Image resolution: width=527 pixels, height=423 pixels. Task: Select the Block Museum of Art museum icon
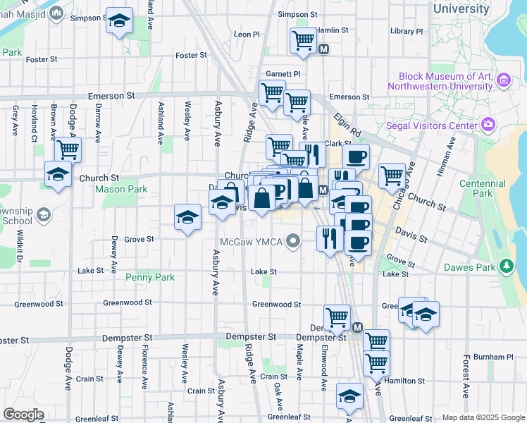504,80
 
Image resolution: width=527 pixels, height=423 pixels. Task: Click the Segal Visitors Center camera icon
488,125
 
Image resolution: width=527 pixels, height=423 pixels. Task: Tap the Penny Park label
149,277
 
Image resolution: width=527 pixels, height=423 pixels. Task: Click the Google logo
24,415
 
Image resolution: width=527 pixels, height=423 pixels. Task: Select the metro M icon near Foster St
324,49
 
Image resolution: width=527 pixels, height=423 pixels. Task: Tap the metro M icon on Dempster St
357,328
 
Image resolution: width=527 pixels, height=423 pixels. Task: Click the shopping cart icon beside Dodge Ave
68,149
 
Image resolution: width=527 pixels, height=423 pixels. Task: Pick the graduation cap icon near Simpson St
120,21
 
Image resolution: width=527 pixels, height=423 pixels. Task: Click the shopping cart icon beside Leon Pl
303,40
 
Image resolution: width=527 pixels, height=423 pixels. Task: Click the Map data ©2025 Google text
483,417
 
